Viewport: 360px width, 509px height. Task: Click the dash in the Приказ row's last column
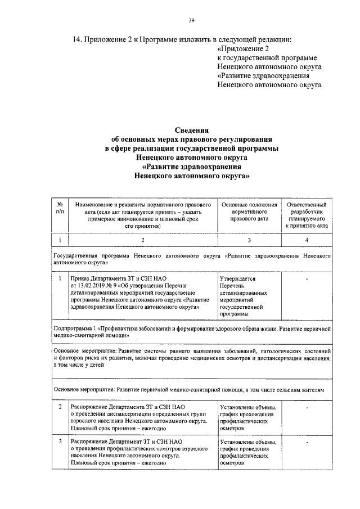[x=307, y=278]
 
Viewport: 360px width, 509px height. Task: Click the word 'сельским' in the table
[x=291, y=389]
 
